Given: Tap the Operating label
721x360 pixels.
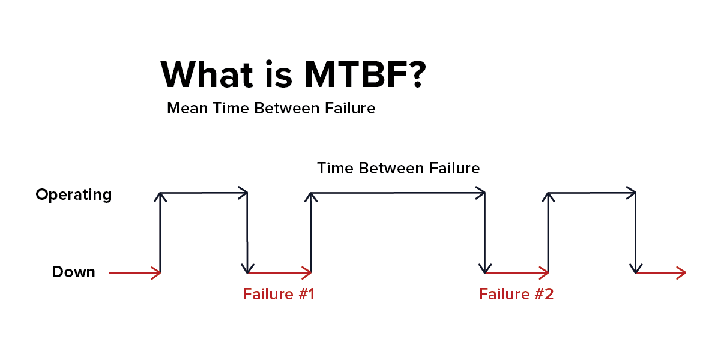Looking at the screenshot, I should point(74,195).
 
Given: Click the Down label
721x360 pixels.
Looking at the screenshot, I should point(74,272).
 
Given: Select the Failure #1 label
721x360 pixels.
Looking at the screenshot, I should point(279,295).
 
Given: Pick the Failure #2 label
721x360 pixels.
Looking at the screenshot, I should point(516,295).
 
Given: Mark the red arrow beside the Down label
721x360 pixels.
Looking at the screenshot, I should point(135,273).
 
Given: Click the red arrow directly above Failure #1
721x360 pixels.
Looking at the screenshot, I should point(279,273).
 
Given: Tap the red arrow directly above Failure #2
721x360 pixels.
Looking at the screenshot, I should point(516,273).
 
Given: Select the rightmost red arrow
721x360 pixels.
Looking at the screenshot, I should point(660,273).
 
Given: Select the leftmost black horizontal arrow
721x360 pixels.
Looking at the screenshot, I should point(204,193).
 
